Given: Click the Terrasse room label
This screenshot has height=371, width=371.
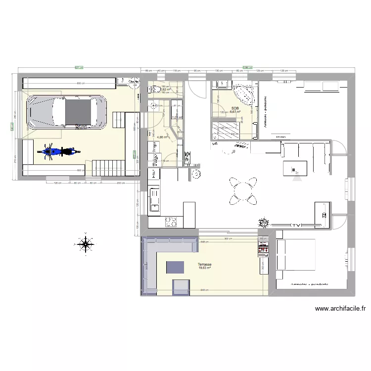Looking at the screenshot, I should (x=204, y=265).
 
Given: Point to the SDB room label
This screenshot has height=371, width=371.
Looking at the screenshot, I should (x=235, y=107).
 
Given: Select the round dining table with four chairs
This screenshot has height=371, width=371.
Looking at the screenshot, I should (x=243, y=191).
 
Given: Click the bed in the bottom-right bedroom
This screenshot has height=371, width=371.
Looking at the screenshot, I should (x=296, y=255).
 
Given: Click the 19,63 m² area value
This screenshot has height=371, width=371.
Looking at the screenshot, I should (x=204, y=270).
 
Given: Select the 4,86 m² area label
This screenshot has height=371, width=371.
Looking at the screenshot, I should (x=163, y=137).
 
